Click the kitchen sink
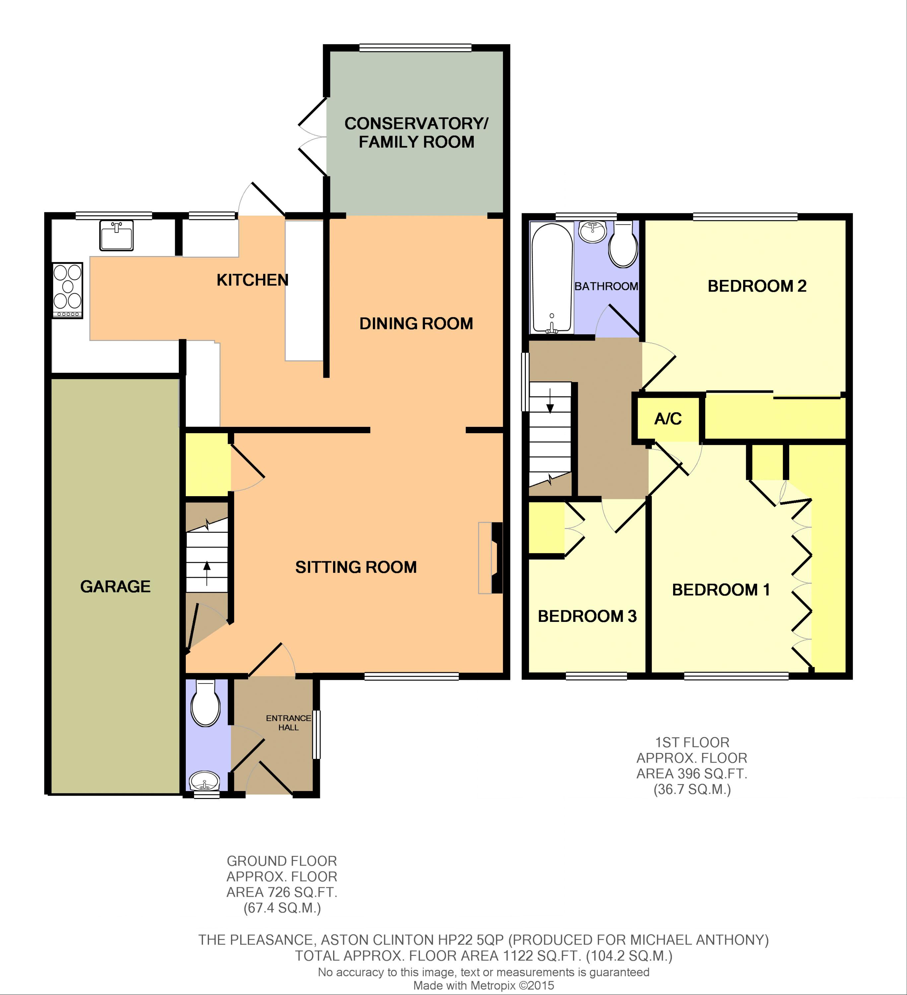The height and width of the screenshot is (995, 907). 116,235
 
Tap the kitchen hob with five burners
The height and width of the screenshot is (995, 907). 68,290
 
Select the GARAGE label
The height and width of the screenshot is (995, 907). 115,586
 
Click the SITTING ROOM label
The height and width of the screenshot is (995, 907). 356,567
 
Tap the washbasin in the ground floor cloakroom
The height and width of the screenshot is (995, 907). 205,781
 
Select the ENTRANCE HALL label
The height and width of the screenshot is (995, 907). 289,723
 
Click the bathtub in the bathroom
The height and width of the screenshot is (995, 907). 552,278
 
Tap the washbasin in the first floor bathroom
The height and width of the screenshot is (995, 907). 592,232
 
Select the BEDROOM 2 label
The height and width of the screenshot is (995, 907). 757,286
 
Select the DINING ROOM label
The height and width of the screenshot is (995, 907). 416,324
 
